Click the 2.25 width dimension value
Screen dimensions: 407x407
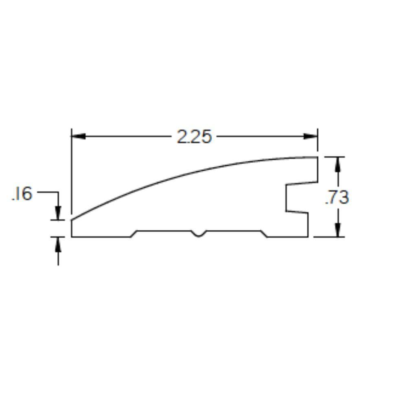click(194, 137)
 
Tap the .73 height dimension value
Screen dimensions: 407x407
click(337, 197)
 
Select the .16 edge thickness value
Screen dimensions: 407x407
click(22, 194)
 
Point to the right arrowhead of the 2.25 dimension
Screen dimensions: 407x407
click(311, 136)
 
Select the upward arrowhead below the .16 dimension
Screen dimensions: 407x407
click(58, 243)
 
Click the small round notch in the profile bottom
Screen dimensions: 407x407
click(198, 234)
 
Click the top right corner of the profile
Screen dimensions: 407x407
click(317, 157)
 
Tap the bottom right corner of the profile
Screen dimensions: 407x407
click(308, 236)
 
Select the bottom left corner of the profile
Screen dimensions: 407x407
click(72, 236)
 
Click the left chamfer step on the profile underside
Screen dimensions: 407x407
click(133, 234)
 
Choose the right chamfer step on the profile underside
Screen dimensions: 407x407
click(264, 234)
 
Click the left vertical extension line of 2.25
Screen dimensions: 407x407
click(72, 171)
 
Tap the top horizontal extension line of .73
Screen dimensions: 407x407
click(334, 157)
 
